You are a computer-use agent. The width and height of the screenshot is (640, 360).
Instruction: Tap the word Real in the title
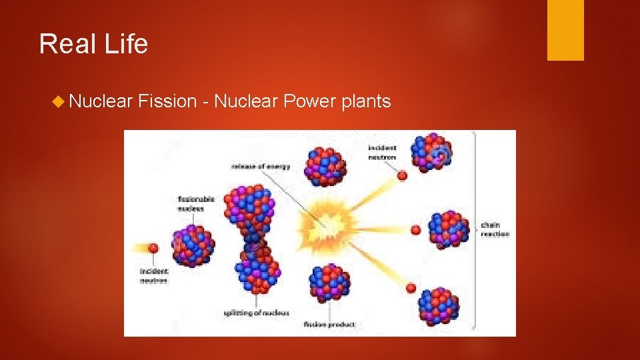coord(65,45)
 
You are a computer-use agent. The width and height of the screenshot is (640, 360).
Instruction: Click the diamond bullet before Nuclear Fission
coord(59,101)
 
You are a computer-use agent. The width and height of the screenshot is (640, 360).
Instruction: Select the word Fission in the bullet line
coord(167,101)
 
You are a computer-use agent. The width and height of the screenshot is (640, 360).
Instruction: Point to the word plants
coord(365,101)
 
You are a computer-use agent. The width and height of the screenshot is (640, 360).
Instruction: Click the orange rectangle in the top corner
coord(565,30)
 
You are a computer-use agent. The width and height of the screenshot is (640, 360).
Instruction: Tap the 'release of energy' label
coord(261,166)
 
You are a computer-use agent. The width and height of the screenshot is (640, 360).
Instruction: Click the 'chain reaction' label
coord(495,229)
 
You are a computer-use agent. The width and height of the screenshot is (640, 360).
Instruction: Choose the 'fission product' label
coord(329,325)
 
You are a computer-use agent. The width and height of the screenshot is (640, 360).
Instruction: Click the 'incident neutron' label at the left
coord(154,276)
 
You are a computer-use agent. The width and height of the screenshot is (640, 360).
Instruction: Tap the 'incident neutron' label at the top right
coord(382,153)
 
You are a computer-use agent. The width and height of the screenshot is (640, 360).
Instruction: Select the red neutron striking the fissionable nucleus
coord(153,248)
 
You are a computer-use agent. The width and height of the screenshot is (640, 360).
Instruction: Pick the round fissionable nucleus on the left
coord(193,244)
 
